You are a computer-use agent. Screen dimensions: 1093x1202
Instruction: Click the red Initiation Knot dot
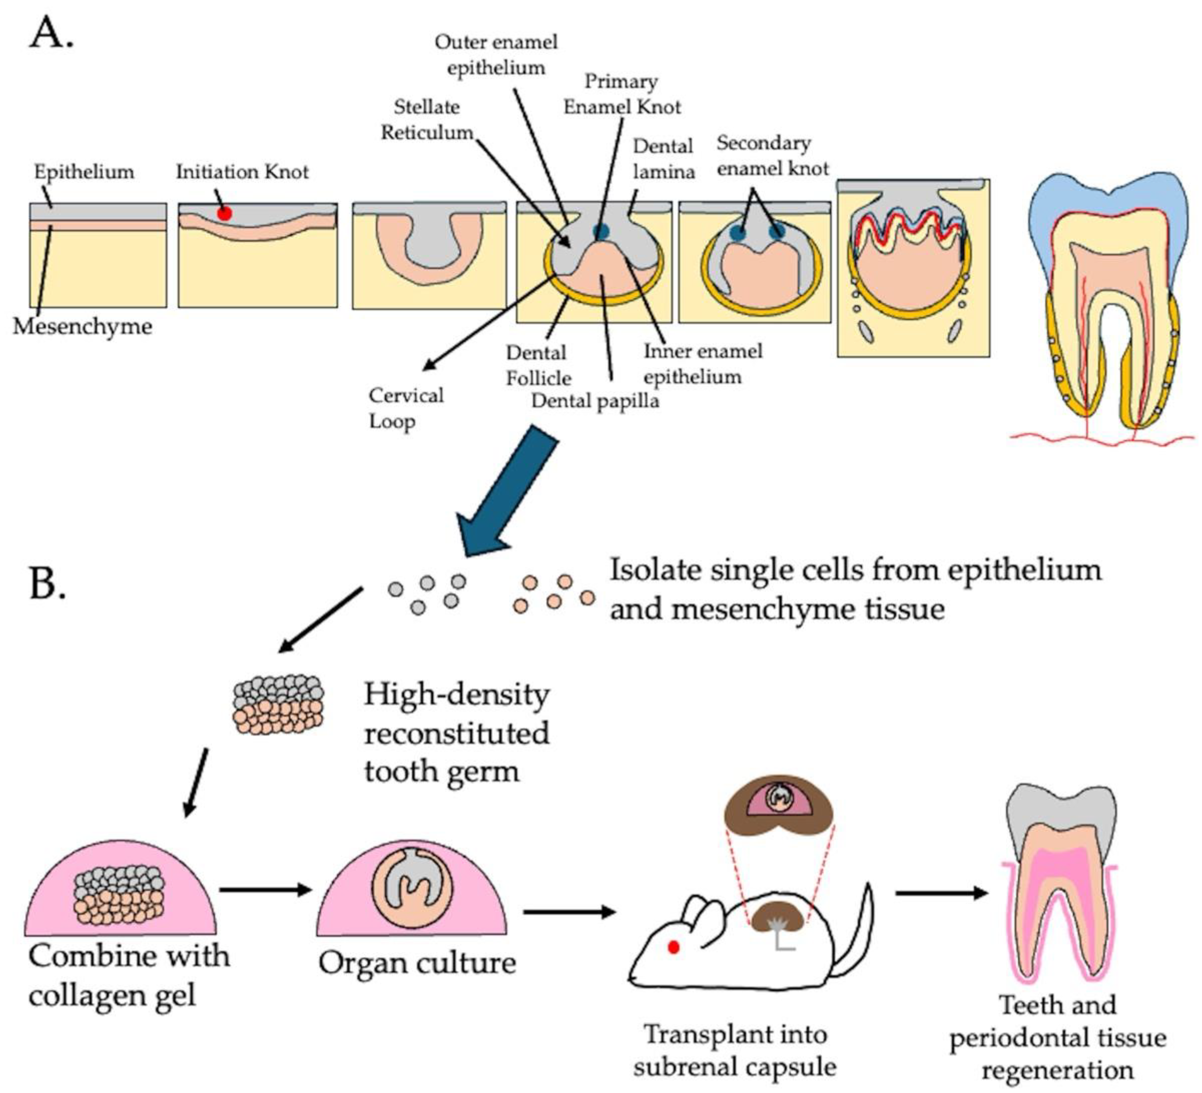pos(224,213)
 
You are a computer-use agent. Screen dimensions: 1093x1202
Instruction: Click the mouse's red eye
pos(674,947)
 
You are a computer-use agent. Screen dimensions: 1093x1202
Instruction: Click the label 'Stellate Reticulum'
pos(427,119)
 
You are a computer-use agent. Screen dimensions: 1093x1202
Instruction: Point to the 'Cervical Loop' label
pos(406,408)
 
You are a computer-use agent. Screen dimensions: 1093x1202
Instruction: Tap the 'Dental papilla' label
pos(595,401)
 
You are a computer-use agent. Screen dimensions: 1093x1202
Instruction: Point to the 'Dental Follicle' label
pos(538,365)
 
